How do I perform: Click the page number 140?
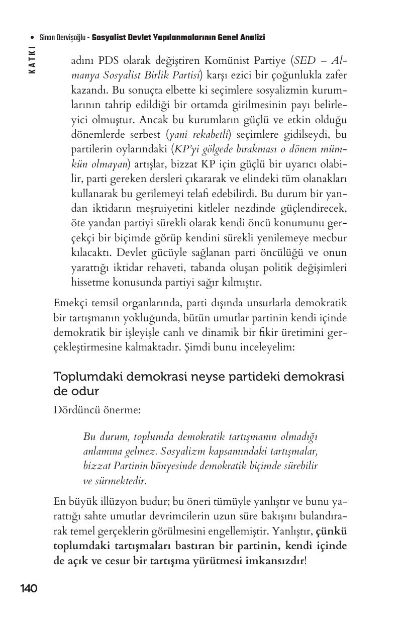(29, 588)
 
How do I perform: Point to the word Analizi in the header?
(252, 38)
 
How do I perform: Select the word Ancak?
(151, 120)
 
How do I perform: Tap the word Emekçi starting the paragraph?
(70, 303)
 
